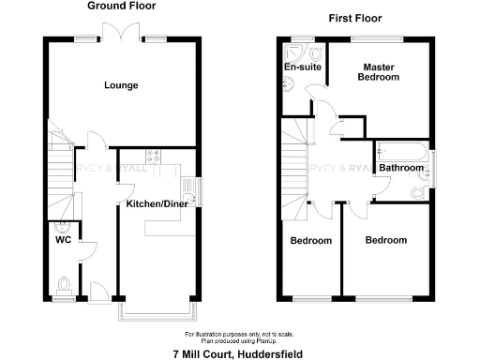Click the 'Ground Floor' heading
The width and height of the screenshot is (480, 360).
[x=122, y=7]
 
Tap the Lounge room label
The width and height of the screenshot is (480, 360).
[x=121, y=85]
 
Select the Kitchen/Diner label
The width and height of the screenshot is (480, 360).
[x=157, y=203]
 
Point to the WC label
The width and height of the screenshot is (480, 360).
[x=63, y=238]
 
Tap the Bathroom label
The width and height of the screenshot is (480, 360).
[x=401, y=168]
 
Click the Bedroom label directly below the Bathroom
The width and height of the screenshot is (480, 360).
[x=386, y=240]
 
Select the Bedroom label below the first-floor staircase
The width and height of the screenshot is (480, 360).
[x=310, y=241]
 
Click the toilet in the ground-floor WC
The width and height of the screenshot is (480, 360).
[x=63, y=283]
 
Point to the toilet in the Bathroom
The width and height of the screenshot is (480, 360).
[x=418, y=194]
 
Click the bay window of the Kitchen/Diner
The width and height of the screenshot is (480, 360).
[x=156, y=312]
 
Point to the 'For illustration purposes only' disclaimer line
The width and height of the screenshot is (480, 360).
[x=239, y=334]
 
